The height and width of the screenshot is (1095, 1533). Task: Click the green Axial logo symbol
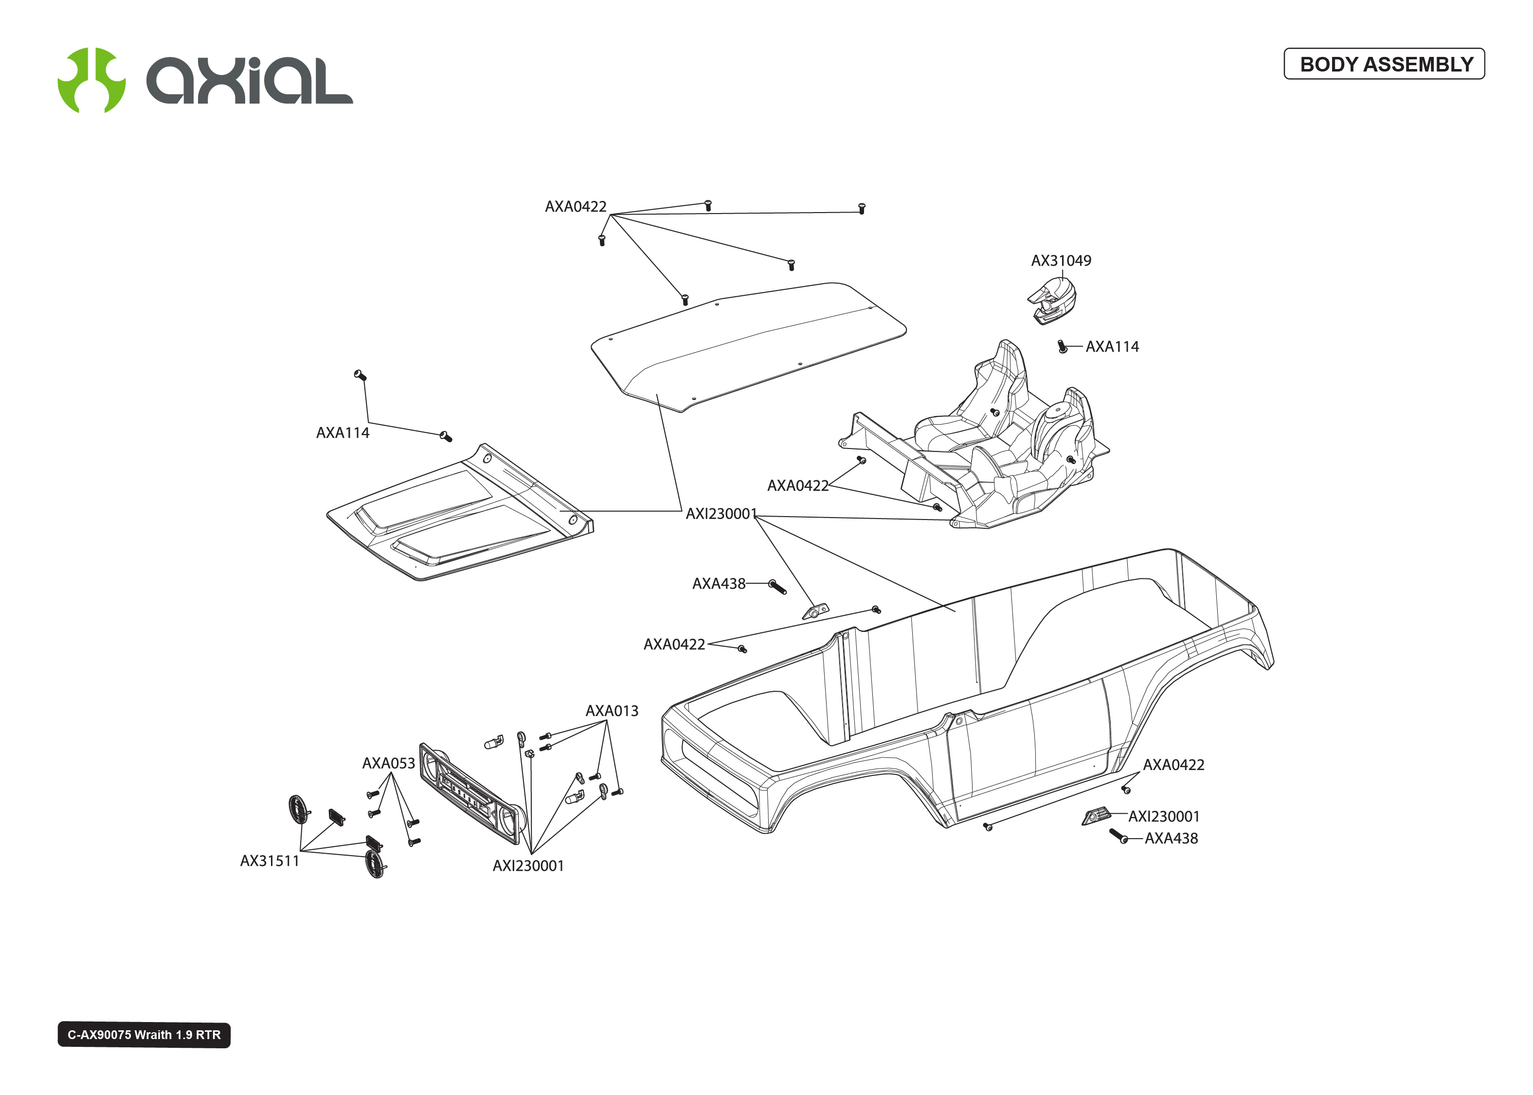tap(91, 80)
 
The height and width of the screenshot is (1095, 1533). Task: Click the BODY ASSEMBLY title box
tap(1384, 64)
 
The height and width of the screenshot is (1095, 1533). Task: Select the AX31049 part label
tap(1061, 261)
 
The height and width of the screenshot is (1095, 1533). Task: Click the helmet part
tap(1052, 301)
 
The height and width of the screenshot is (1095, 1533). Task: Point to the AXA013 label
tap(612, 711)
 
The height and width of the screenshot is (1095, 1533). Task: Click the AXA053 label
tap(388, 763)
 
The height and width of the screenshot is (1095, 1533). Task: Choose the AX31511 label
tap(270, 861)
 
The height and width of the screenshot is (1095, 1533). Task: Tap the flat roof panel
tap(748, 346)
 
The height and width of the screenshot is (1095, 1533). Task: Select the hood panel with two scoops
tap(460, 512)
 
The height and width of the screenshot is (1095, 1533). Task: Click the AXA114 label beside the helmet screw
tap(1112, 346)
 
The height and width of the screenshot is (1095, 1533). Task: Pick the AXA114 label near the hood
tap(343, 433)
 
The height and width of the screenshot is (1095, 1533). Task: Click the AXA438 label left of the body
tap(719, 584)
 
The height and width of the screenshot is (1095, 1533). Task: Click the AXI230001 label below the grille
tap(528, 866)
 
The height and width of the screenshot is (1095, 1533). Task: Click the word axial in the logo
tap(250, 80)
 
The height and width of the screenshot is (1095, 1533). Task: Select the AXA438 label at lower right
tap(1171, 839)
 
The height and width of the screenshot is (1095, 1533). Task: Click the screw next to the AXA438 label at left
tap(778, 587)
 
